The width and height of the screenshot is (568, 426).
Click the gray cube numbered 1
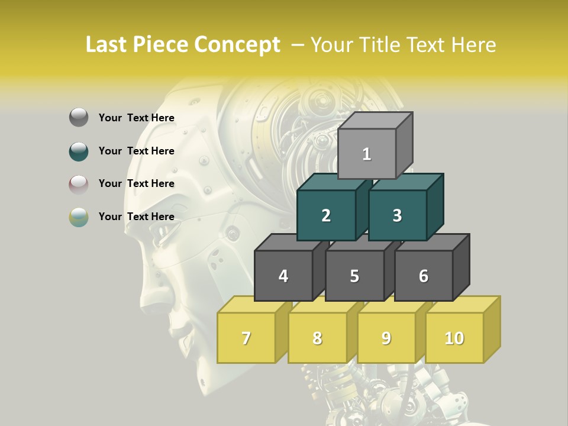click(x=367, y=154)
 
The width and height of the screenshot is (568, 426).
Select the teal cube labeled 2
click(x=326, y=215)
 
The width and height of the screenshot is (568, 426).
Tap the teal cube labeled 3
click(x=397, y=215)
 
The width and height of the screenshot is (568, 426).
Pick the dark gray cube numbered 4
click(x=283, y=276)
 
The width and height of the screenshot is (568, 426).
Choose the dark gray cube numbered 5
click(x=354, y=276)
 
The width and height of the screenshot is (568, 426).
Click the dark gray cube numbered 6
click(x=424, y=276)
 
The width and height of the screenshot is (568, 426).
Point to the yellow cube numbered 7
click(x=246, y=338)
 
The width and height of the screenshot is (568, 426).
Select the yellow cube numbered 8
click(x=317, y=338)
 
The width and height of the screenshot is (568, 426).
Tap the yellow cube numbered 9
click(x=386, y=338)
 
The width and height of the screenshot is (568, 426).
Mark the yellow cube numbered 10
click(x=454, y=338)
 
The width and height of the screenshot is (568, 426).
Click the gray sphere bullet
click(x=79, y=118)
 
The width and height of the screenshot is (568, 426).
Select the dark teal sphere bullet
click(x=79, y=151)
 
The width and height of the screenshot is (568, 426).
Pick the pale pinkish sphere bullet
click(x=79, y=184)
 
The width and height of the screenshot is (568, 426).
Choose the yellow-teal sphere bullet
click(x=79, y=217)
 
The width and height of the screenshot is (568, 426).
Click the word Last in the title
click(x=107, y=45)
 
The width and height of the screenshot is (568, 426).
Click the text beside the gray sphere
click(x=136, y=118)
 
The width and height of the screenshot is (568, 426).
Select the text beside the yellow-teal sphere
click(x=136, y=217)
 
